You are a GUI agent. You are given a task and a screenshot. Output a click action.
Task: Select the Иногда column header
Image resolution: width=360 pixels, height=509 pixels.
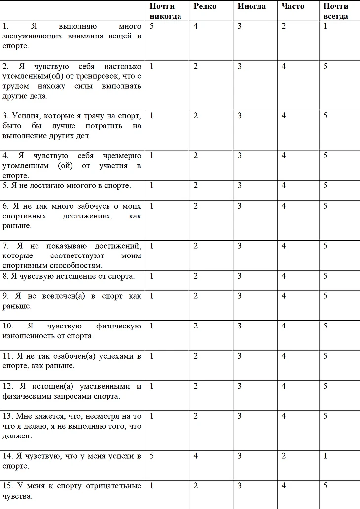pos(252,6)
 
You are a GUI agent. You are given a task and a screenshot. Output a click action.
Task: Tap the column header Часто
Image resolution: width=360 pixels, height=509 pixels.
pos(293,6)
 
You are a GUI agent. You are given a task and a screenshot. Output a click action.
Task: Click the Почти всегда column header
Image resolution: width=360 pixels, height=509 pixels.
pos(336,11)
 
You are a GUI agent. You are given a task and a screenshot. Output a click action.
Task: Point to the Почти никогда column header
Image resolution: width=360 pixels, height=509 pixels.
pos(165,11)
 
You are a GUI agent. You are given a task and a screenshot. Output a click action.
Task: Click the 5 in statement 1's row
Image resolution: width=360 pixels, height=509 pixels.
pos(152,26)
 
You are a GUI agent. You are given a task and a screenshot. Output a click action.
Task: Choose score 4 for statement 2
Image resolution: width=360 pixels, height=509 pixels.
pos(284,67)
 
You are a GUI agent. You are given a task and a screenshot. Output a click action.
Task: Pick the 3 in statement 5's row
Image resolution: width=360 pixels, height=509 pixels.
pos(240,186)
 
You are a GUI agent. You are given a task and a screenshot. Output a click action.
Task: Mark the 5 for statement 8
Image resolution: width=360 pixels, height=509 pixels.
pos(326,276)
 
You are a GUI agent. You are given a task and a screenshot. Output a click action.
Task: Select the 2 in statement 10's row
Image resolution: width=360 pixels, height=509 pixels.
pos(196,326)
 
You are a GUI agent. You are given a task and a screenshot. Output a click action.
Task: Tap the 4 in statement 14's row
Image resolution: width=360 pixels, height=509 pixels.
pos(196,456)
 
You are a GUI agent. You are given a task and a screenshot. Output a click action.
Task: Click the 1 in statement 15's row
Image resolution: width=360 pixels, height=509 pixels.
pos(152,486)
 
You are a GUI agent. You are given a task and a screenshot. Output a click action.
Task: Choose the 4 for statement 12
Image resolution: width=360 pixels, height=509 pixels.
pos(284,386)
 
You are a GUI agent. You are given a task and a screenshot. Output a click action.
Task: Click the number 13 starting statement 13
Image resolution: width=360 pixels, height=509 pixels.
pos(6,416)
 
